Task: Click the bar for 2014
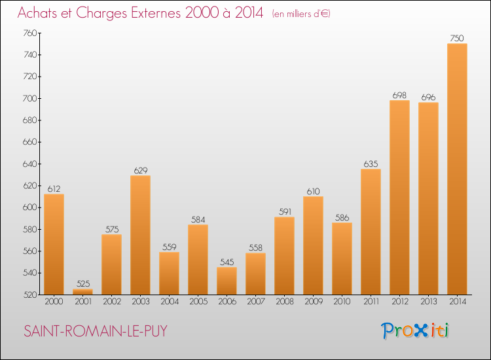[457, 169]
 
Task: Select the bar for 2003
[140, 235]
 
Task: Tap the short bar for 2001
[82, 292]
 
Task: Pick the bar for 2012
[399, 197]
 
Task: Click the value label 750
[457, 38]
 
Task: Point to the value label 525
[82, 283]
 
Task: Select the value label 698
[399, 95]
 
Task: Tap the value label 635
[371, 164]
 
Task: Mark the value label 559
[169, 247]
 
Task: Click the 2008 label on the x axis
[284, 302]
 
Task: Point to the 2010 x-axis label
[342, 302]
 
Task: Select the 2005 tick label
[198, 302]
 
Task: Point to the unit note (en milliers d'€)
[301, 14]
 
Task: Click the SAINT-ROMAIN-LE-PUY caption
[96, 331]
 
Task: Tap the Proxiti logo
[415, 331]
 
